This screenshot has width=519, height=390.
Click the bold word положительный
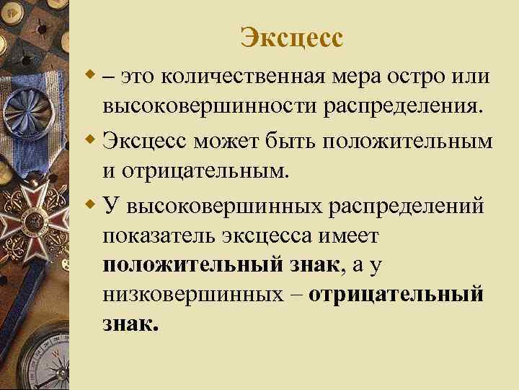pyautogui.click(x=190, y=266)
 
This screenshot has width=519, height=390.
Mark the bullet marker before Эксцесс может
pyautogui.click(x=89, y=138)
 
